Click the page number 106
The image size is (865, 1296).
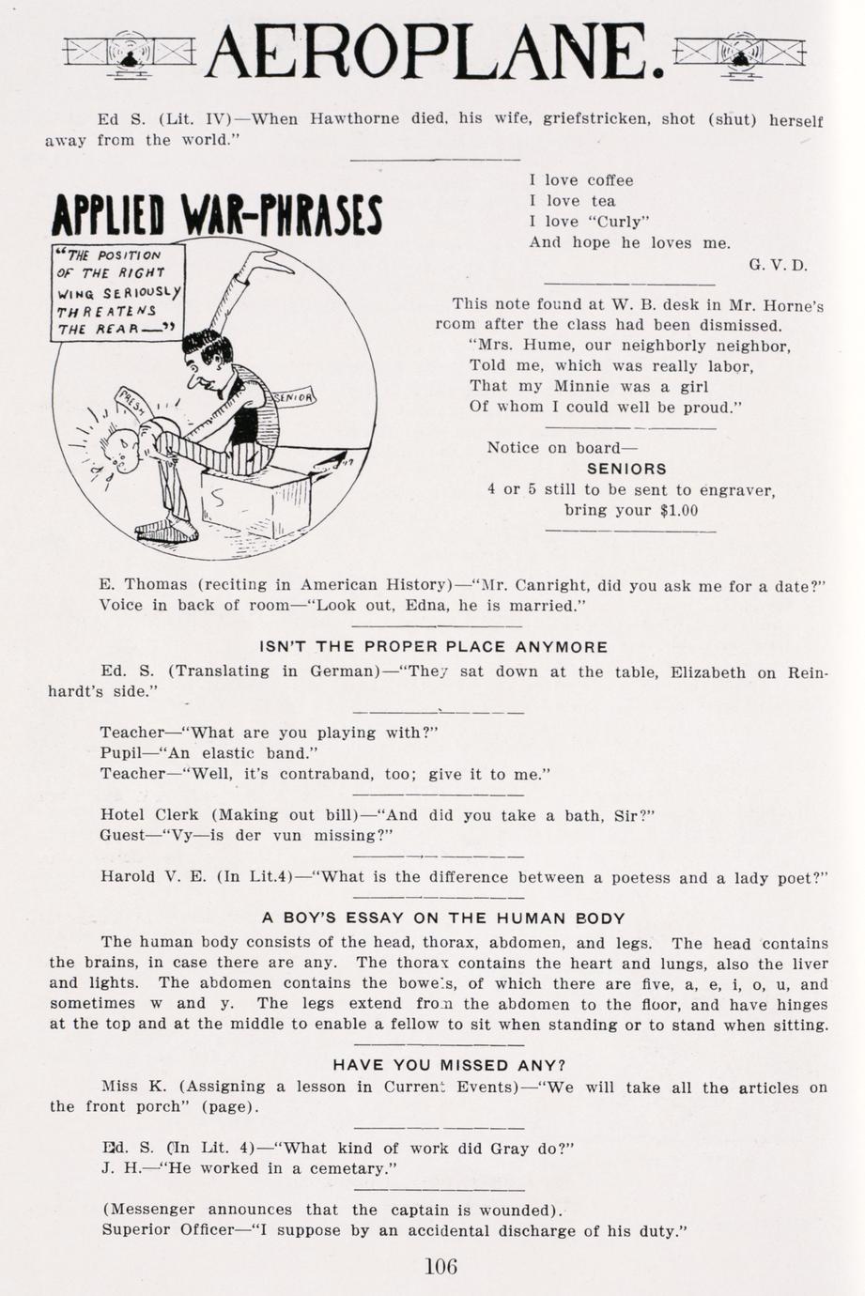coord(440,1265)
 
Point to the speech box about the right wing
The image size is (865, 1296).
coord(116,291)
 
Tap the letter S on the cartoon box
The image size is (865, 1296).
coord(218,499)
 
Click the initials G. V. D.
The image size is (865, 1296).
coord(778,265)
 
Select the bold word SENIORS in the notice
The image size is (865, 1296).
coord(626,468)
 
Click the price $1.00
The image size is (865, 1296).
coord(679,510)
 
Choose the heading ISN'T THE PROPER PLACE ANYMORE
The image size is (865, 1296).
coord(434,646)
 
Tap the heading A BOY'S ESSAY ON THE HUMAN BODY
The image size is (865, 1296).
coord(443,918)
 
